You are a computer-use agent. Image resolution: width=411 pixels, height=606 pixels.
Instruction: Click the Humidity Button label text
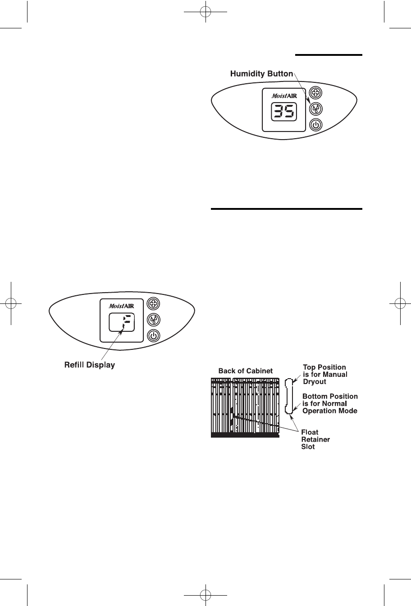(261, 74)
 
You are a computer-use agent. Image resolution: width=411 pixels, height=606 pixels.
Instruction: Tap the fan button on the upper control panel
(315, 93)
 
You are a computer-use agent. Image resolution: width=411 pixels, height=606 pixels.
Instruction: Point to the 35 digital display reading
(284, 111)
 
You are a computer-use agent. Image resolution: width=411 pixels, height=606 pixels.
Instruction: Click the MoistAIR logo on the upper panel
(284, 96)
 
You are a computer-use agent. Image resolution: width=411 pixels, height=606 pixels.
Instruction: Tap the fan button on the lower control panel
(153, 303)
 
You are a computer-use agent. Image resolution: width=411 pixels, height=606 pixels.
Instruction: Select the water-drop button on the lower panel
(153, 320)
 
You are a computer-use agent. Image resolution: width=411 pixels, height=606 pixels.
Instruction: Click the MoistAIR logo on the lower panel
(121, 306)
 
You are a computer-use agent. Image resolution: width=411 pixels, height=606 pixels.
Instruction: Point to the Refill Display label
(89, 365)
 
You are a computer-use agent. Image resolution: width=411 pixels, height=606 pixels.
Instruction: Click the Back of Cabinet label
(245, 371)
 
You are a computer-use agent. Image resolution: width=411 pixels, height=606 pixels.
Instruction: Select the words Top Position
(324, 367)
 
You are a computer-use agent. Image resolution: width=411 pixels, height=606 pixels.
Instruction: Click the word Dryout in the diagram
(315, 382)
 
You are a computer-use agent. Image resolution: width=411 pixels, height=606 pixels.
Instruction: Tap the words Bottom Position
(330, 396)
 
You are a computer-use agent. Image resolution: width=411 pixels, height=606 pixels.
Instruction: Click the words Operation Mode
(330, 411)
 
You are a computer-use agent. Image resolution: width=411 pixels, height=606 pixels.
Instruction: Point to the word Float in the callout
(310, 432)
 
